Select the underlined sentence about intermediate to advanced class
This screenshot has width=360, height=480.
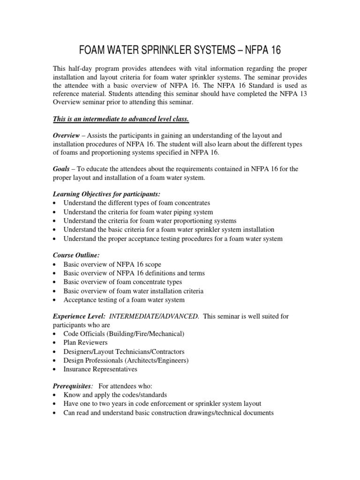pos(120,120)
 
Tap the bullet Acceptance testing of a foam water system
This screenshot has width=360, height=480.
pos(124,300)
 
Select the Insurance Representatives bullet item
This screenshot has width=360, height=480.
pos(100,369)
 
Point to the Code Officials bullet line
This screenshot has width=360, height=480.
pos(124,334)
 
